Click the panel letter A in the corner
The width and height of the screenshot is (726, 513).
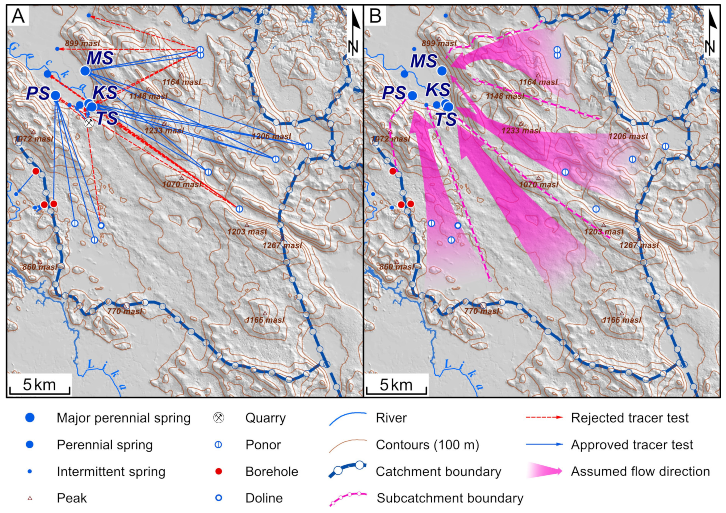coord(18,16)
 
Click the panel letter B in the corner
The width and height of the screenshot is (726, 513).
coord(375,16)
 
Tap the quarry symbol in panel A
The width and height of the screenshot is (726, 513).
coord(89,123)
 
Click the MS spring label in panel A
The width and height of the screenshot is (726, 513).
coord(100,58)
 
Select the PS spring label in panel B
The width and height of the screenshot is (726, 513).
coord(394,93)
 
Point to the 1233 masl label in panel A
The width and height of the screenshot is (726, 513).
coord(164,131)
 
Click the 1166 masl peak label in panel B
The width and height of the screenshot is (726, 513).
coord(622,320)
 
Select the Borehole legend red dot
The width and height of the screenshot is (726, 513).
coord(218,471)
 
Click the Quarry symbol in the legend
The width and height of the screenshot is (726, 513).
coord(218,418)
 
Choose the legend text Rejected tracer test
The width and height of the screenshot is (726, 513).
coord(629,418)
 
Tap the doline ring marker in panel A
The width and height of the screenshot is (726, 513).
coord(101,225)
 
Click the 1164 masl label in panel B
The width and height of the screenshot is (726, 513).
coord(538,82)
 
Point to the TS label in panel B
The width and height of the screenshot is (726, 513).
coord(446,119)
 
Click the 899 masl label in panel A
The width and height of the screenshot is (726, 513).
coord(82,43)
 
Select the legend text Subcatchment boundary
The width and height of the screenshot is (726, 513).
coord(450,498)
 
